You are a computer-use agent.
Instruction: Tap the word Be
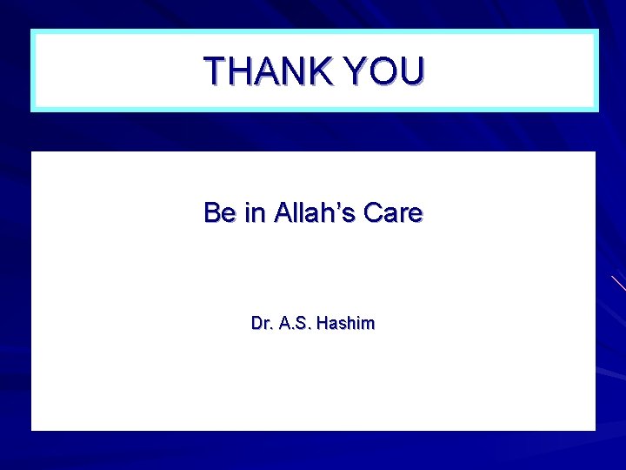click(220, 212)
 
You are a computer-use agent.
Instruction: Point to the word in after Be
click(255, 212)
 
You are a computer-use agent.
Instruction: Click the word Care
click(394, 212)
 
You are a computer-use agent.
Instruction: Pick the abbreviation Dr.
click(261, 324)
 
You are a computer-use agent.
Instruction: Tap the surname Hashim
click(346, 324)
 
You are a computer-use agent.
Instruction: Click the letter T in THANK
click(215, 70)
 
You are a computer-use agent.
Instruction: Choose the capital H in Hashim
click(323, 324)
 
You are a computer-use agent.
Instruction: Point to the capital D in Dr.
click(256, 324)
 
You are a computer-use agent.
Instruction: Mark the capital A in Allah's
click(283, 212)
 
